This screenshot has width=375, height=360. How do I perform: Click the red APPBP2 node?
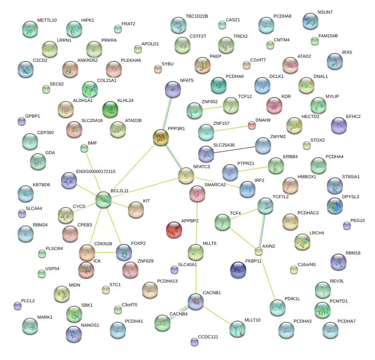(x=174, y=230)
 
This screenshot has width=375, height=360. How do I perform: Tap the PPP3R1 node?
(x=161, y=138)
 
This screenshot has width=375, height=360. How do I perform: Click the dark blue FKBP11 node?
(x=238, y=270)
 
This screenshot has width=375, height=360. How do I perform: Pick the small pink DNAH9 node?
(x=251, y=125)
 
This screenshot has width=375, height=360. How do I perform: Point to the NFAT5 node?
(x=173, y=89)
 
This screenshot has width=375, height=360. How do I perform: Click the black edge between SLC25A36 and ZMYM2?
(x=235, y=149)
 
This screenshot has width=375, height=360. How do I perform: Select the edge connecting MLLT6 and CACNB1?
(x=196, y=277)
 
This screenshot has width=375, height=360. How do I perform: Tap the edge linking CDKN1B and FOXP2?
(x=105, y=252)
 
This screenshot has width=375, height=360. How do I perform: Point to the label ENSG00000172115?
(x=95, y=172)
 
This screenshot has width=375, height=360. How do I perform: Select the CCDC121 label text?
(x=208, y=337)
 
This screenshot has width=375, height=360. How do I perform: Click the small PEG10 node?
(x=347, y=226)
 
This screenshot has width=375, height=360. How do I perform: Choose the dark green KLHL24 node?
(x=110, y=109)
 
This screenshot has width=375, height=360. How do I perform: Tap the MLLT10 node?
(x=237, y=329)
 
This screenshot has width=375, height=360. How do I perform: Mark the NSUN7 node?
(x=310, y=21)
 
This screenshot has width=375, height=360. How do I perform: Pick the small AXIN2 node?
(x=259, y=251)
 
